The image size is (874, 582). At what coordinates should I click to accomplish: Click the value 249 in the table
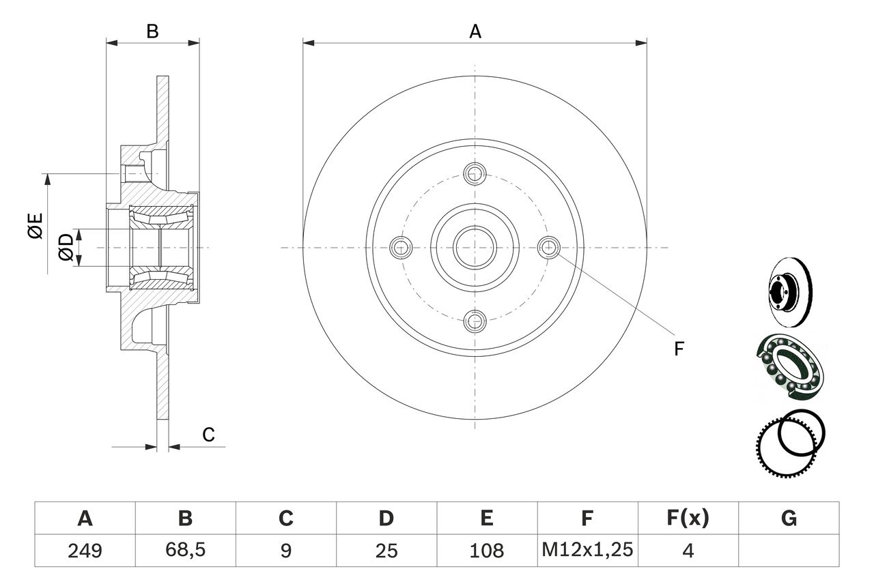click(85, 551)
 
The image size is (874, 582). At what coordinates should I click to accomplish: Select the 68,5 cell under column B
click(185, 550)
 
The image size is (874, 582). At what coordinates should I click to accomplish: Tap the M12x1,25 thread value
click(587, 550)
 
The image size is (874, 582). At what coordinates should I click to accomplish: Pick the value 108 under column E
click(487, 551)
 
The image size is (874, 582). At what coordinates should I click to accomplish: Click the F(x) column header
click(688, 518)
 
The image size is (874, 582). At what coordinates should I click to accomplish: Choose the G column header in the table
click(789, 519)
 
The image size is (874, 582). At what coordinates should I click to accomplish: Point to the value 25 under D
click(386, 551)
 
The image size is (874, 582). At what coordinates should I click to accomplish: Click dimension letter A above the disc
click(475, 31)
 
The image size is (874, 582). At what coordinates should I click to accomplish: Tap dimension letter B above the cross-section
click(152, 31)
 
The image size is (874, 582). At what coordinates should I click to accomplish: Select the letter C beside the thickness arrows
click(208, 434)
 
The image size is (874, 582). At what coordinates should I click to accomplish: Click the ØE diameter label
click(35, 225)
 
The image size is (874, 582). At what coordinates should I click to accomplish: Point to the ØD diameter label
click(66, 247)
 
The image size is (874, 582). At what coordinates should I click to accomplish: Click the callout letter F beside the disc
click(679, 349)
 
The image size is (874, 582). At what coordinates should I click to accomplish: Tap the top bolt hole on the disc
click(475, 173)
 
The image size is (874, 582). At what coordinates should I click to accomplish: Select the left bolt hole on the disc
click(401, 247)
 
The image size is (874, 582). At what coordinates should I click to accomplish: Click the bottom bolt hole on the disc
click(475, 321)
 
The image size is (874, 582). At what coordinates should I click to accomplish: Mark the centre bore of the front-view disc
click(475, 248)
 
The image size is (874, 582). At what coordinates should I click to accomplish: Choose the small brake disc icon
click(789, 291)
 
